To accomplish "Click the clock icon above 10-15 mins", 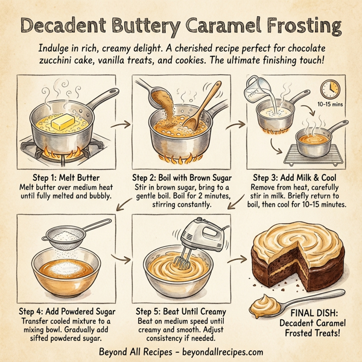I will coord(330,89).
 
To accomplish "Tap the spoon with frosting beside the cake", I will coord(279,303).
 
